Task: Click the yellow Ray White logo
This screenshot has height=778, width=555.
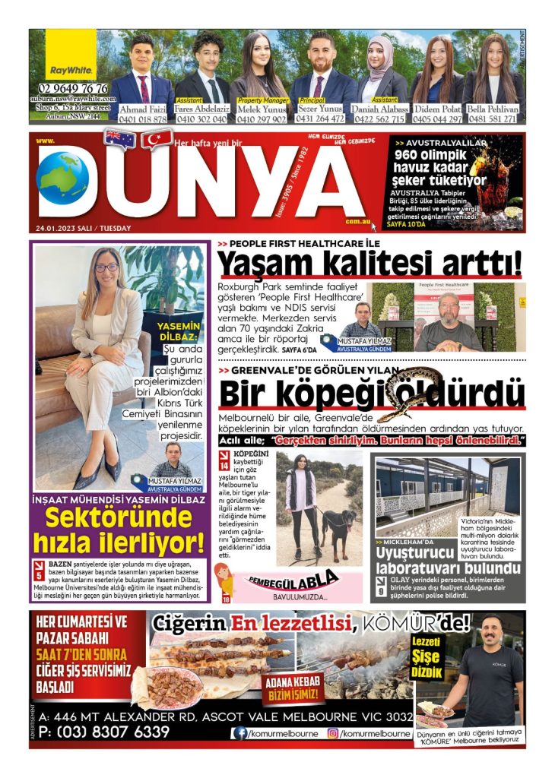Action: click(71, 58)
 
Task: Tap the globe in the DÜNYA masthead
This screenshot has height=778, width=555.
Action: click(62, 179)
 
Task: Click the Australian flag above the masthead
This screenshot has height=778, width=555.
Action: click(120, 139)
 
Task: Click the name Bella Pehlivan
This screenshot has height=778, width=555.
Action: click(492, 109)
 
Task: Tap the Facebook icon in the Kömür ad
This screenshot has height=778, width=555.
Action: click(241, 733)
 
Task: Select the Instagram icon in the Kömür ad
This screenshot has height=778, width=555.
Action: click(332, 733)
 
